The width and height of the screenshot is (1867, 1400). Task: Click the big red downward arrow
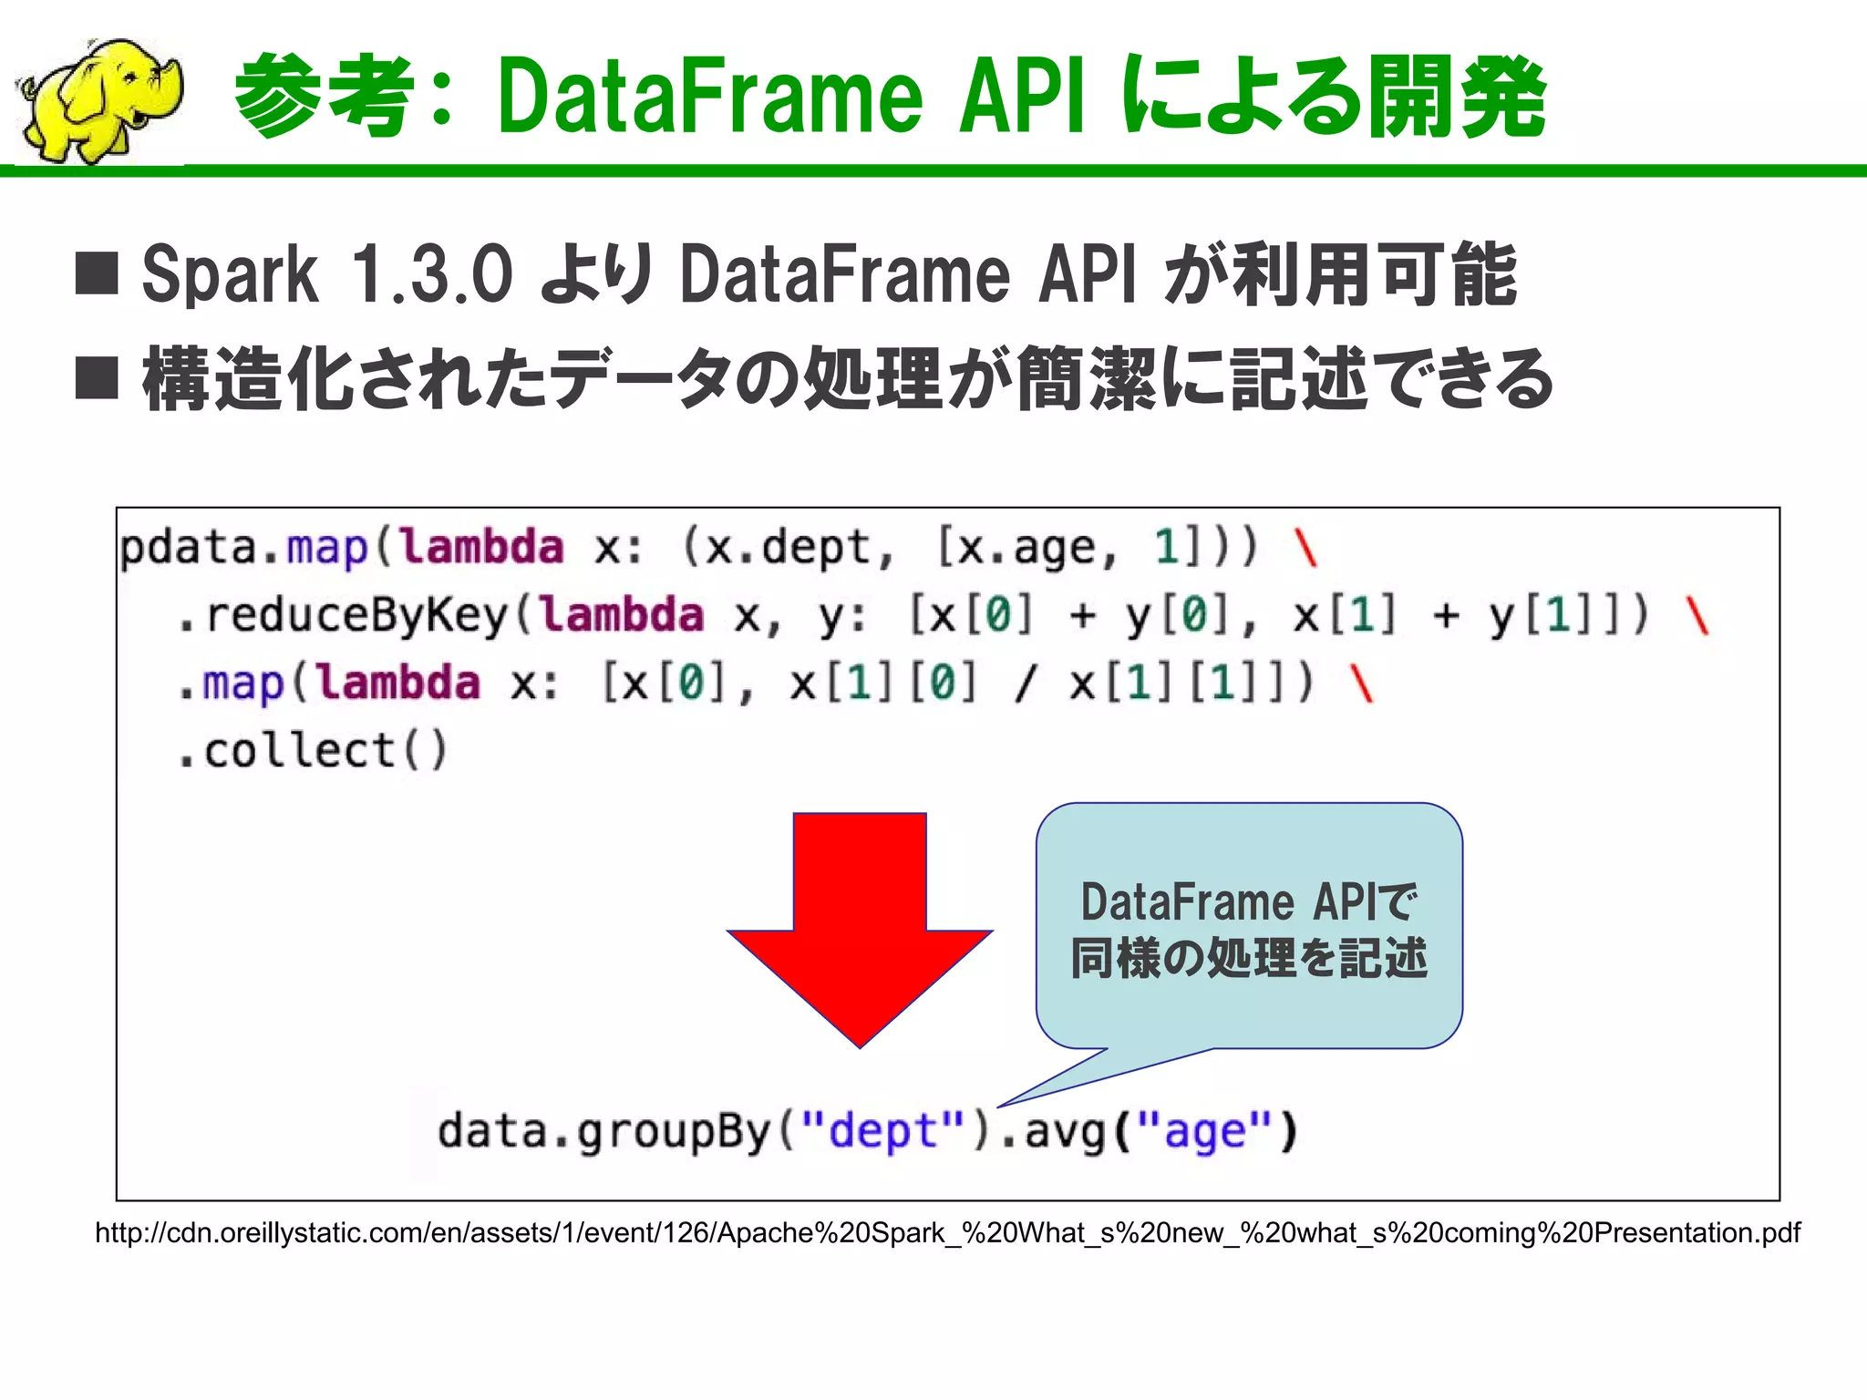click(x=860, y=921)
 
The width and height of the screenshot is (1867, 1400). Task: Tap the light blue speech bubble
click(x=1249, y=925)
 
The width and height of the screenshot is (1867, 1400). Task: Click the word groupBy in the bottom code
click(x=674, y=1132)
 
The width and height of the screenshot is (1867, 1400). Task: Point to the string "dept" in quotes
click(x=882, y=1132)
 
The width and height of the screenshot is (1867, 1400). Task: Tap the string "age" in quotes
click(x=1205, y=1132)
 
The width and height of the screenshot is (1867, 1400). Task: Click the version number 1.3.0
click(x=432, y=274)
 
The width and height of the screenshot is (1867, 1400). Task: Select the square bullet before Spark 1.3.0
click(x=97, y=273)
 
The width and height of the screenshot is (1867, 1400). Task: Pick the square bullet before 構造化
click(x=97, y=377)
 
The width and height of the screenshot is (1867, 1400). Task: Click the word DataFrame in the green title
click(x=711, y=97)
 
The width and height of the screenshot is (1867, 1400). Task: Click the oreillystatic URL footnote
click(x=947, y=1233)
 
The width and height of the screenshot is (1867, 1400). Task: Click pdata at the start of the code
click(x=188, y=548)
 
